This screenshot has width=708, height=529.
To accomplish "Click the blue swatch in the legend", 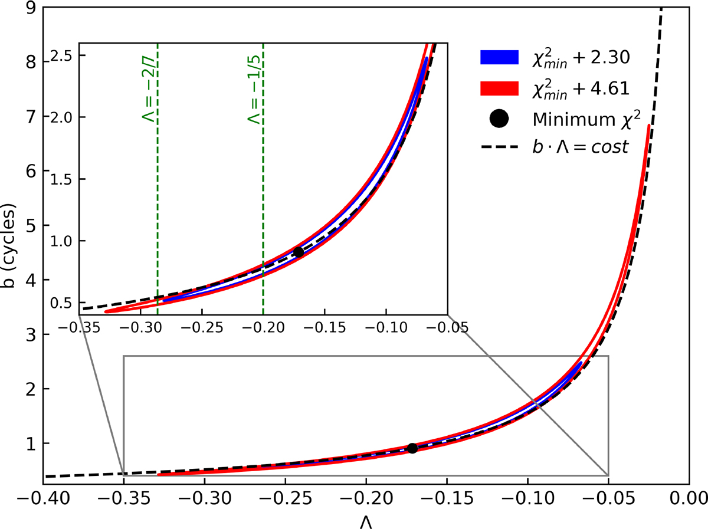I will point(498,57).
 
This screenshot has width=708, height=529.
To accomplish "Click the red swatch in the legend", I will point(498,88).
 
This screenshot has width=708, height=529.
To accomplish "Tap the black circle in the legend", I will point(498,119).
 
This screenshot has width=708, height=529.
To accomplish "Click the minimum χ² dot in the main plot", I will point(412,448).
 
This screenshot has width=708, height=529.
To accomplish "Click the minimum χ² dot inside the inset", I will point(299,252).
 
